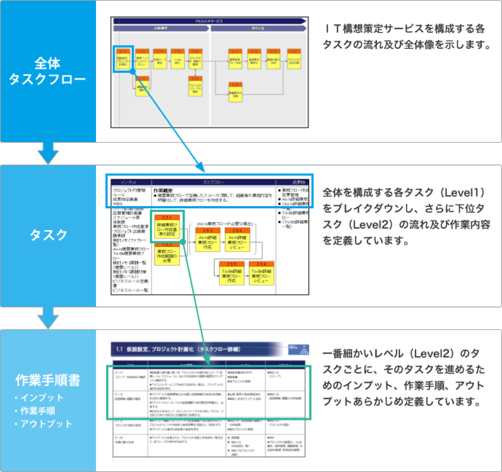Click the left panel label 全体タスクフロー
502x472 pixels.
tap(47, 71)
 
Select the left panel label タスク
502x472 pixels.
tap(48, 235)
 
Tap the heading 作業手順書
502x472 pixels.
tap(48, 380)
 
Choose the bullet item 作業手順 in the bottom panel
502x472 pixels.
tap(38, 411)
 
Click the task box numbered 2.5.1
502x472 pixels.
tap(167, 227)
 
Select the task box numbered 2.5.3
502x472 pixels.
tap(208, 240)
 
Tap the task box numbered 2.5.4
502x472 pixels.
tap(238, 240)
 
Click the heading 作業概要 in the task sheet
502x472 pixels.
tap(163, 191)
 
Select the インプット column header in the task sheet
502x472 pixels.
tap(129, 182)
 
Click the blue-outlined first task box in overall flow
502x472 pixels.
tap(123, 59)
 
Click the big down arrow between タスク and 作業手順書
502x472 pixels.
tap(48, 318)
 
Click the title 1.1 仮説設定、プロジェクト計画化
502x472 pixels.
tap(178, 349)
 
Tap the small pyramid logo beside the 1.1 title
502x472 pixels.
tap(304, 350)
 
